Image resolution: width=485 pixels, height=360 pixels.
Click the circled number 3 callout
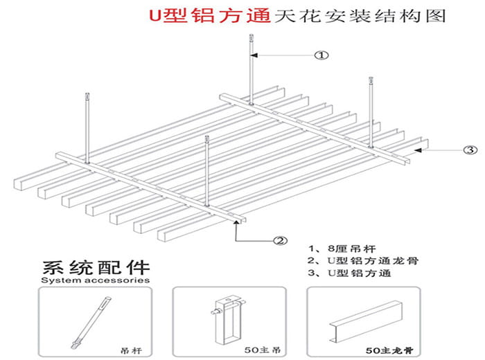pyautogui.click(x=470, y=149)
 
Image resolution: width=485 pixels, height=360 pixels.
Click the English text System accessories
pyautogui.click(x=95, y=281)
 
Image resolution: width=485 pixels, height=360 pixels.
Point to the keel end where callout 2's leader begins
pyautogui.click(x=240, y=220)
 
